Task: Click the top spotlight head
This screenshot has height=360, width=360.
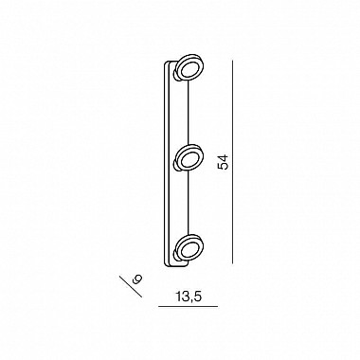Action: point(189,69)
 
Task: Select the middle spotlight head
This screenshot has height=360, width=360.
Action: point(189,157)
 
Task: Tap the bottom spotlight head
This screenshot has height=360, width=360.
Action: point(189,247)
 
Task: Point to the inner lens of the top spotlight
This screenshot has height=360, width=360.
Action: point(189,68)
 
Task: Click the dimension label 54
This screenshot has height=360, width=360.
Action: point(223,163)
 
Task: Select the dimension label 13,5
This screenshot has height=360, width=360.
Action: point(189,297)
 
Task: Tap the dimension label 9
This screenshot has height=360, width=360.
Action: point(137,279)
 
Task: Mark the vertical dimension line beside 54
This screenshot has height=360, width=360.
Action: point(233,162)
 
